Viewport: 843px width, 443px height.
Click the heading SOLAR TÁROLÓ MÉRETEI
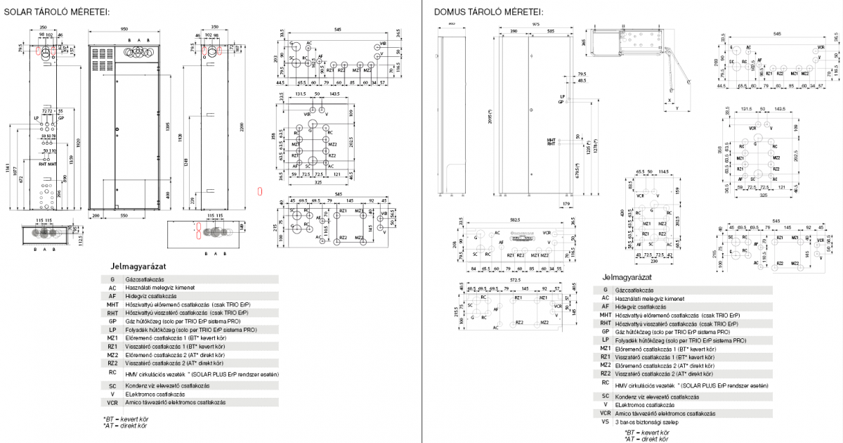tap(57, 12)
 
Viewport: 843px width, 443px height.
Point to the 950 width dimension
tap(124, 30)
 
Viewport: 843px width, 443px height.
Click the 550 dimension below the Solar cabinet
tap(124, 214)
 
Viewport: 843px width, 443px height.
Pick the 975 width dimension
tap(536, 24)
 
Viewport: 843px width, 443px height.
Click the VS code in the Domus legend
tap(606, 423)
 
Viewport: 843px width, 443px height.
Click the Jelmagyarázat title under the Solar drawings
tap(136, 267)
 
